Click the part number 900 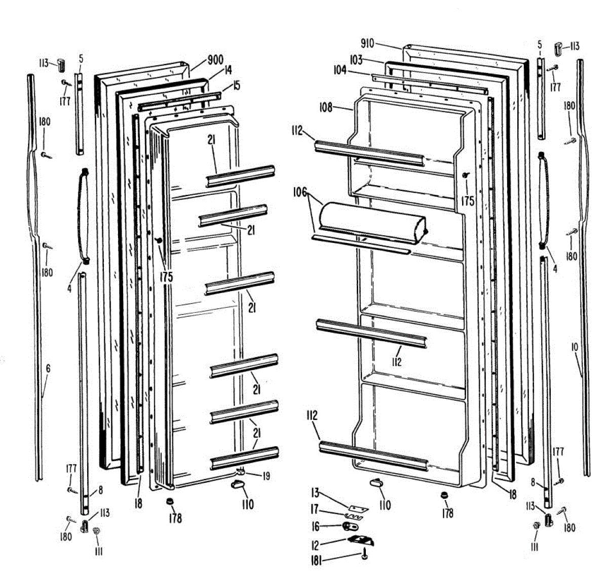pyautogui.click(x=215, y=60)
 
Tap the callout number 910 pyautogui.click(x=367, y=44)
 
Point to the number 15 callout pyautogui.click(x=236, y=86)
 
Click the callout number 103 pyautogui.click(x=356, y=60)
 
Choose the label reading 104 pyautogui.click(x=339, y=71)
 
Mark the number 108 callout pyautogui.click(x=326, y=107)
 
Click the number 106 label pyautogui.click(x=299, y=192)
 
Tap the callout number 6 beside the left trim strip pyautogui.click(x=48, y=369)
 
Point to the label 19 pyautogui.click(x=265, y=475)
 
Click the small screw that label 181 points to pyautogui.click(x=365, y=556)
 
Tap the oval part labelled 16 pyautogui.click(x=348, y=527)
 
